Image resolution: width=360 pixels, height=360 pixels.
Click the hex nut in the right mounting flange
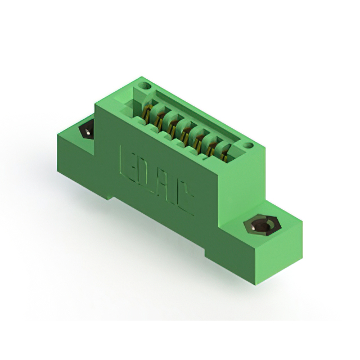262,227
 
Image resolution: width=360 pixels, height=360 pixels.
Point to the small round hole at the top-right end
245,146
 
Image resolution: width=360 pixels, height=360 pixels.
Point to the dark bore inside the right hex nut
262,227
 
